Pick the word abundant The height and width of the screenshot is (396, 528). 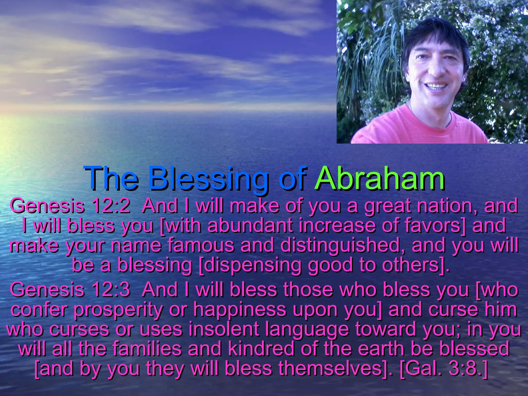(250, 226)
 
